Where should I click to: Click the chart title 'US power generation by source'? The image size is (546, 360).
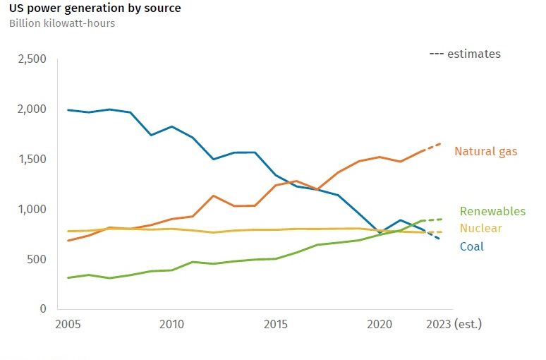[95, 8]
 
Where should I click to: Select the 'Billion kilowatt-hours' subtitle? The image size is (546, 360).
[62, 23]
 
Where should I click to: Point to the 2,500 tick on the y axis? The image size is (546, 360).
[31, 59]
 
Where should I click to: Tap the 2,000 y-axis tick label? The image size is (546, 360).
[31, 109]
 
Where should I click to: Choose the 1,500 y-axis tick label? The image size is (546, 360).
[31, 160]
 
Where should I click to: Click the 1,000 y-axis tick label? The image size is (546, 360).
[31, 210]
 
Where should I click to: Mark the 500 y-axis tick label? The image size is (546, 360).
[36, 259]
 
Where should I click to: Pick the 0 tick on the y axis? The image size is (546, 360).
[42, 309]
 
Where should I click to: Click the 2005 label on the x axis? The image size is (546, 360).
[68, 324]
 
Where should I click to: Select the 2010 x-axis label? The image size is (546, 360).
[172, 324]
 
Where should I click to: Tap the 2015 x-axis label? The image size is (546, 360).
[276, 324]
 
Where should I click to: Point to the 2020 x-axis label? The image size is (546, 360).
[380, 324]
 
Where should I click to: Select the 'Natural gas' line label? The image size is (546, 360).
[485, 151]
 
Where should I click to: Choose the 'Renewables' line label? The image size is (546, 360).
[492, 211]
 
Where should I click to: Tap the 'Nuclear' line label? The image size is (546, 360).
[480, 229]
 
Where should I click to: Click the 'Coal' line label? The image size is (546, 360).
[472, 246]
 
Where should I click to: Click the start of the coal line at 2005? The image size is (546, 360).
[68, 110]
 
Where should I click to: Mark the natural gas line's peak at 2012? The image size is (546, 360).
[213, 196]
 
